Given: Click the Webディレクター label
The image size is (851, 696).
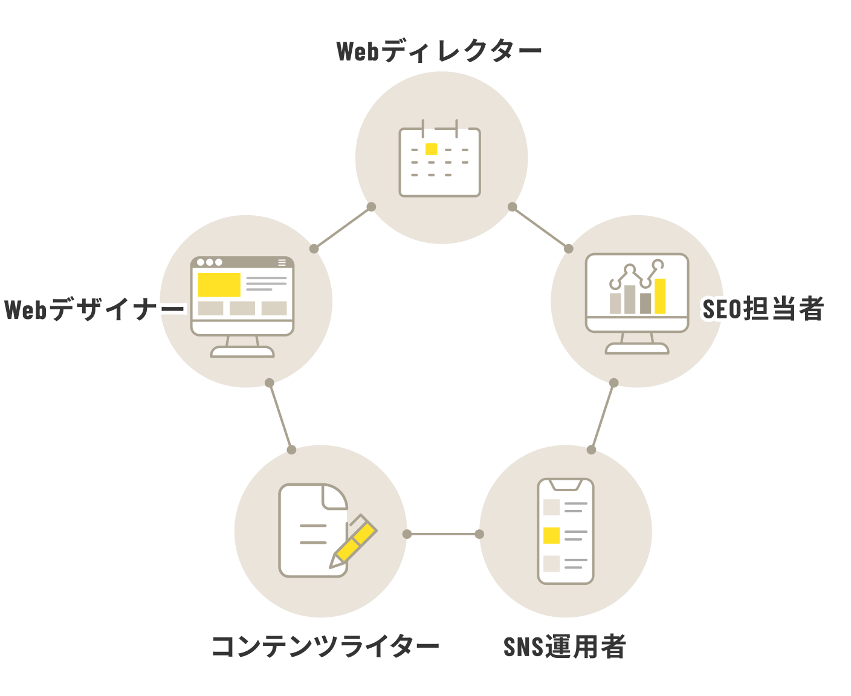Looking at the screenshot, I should tap(439, 51).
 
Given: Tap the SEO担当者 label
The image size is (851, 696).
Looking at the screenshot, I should tap(763, 309).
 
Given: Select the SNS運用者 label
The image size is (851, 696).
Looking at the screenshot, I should tap(565, 647).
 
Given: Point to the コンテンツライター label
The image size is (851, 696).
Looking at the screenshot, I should tap(325, 647).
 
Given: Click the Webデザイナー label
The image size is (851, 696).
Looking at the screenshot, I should tap(94, 310).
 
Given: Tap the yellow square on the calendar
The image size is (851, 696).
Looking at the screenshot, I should tap(431, 149).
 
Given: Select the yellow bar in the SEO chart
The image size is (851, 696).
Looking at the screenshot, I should tap(660, 296).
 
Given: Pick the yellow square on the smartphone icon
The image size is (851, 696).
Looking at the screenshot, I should tap(551, 535).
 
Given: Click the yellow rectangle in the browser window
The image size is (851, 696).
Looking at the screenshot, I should tap(219, 285).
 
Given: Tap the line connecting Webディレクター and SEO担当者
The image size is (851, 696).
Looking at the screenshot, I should tap(540, 228).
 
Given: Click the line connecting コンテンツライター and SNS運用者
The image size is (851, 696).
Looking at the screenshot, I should tap(443, 534).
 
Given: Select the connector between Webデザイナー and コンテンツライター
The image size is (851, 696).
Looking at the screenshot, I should tap(280, 416).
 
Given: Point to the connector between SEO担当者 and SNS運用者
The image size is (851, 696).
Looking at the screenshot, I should tap(603, 416).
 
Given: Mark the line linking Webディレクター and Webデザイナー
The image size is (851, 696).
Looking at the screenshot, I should tap(343, 228).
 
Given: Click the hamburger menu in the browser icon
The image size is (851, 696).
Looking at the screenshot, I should tap(282, 263).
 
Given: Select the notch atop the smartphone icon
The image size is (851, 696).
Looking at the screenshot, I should tap(566, 485).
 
